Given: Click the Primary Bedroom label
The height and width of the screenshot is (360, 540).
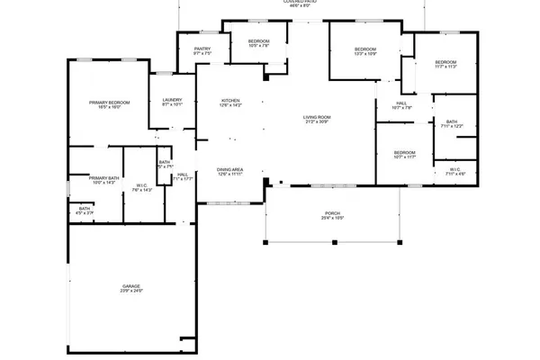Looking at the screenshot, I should [x=109, y=103].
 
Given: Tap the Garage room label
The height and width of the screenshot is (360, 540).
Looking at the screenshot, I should [x=132, y=286].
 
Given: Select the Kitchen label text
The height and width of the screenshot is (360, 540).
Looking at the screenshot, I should [x=231, y=101].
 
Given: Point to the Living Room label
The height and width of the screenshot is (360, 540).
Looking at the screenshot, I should [x=317, y=117].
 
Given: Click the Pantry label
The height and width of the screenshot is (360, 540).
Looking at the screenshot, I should [x=202, y=49].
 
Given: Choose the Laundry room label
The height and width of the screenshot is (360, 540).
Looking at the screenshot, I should [x=172, y=100].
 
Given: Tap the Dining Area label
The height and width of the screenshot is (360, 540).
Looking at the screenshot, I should [x=230, y=169].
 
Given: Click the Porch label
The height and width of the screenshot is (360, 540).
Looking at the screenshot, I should [x=332, y=212].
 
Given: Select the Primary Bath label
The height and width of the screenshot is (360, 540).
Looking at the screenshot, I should [x=104, y=178].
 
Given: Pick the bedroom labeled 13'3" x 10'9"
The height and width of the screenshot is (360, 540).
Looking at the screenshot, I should [x=364, y=49].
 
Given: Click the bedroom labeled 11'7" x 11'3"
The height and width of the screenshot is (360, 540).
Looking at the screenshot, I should [x=445, y=62].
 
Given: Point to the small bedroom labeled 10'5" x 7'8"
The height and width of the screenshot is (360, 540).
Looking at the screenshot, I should [x=258, y=41].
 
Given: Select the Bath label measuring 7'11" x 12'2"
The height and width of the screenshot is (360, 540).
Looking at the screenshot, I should [x=451, y=121].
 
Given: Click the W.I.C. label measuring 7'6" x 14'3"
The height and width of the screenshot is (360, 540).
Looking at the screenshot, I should [x=142, y=186].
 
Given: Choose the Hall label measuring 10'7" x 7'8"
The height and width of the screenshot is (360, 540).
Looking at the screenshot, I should [x=402, y=103].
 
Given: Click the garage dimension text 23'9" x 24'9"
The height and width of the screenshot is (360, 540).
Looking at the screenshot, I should [x=132, y=292].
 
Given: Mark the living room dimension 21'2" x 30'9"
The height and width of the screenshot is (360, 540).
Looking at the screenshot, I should [x=317, y=122].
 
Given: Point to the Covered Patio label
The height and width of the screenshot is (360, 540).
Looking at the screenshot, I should [x=300, y=2].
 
